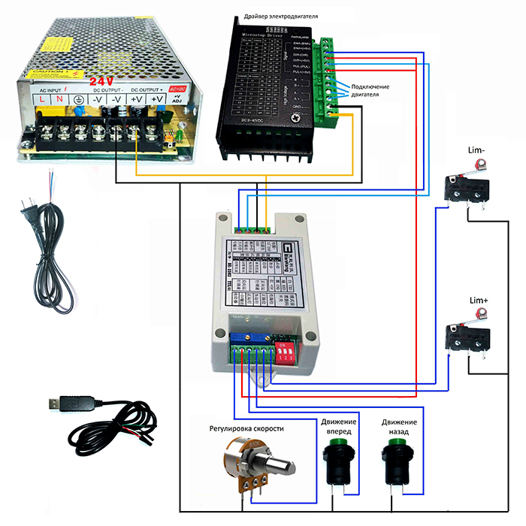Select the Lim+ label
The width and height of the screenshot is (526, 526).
[x=479, y=301]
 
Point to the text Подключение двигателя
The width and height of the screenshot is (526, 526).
[x=370, y=91]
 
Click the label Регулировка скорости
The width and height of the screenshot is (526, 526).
[x=246, y=428]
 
